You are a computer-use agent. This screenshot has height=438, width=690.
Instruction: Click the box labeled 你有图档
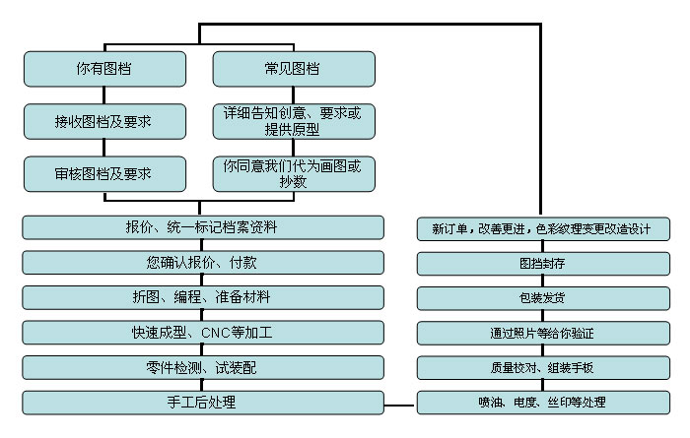point(104,69)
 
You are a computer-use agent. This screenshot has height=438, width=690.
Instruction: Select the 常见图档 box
point(294,69)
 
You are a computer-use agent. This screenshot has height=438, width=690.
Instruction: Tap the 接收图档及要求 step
point(104,122)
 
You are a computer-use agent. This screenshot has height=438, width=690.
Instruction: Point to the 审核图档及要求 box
point(104,173)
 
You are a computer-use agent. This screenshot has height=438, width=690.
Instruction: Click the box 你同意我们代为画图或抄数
point(294,173)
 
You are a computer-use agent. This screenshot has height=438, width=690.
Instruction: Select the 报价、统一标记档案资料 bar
point(202,227)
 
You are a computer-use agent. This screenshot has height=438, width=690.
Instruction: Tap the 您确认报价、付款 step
point(202,263)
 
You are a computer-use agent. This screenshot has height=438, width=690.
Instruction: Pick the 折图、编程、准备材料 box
point(202,297)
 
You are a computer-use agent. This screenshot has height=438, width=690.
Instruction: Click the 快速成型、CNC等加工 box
point(202,333)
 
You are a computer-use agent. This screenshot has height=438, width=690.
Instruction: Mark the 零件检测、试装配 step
point(202,367)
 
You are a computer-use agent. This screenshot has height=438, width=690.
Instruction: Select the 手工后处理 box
point(202,403)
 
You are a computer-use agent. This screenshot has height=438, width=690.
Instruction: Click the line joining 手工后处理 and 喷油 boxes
point(399,404)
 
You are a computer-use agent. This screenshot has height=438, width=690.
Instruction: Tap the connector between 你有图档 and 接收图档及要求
point(104,95)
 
